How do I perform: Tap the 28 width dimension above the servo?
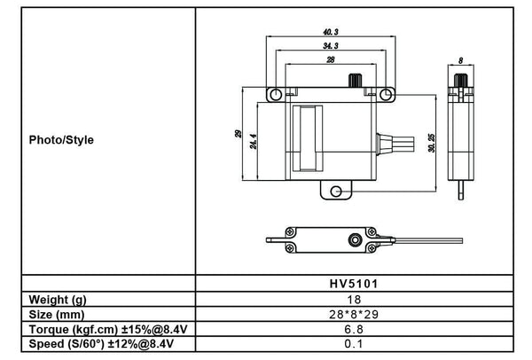330,59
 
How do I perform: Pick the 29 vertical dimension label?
238,134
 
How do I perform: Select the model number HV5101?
353,286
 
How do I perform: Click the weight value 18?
353,300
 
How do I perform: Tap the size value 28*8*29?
353,314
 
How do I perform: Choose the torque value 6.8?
353,328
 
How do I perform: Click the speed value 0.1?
353,342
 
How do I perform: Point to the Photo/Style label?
61,139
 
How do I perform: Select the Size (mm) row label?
58,314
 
